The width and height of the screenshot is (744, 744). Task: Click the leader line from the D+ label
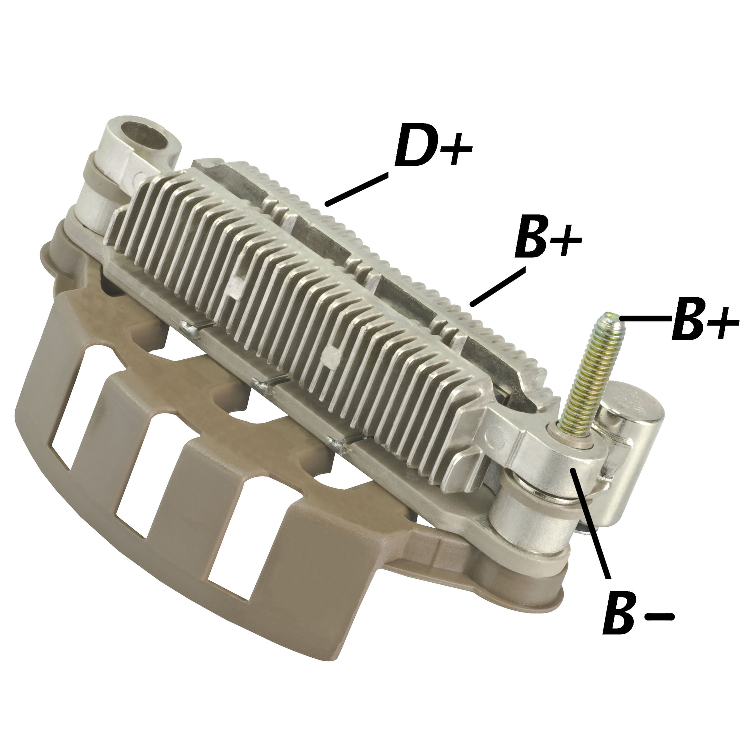[x=357, y=189]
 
